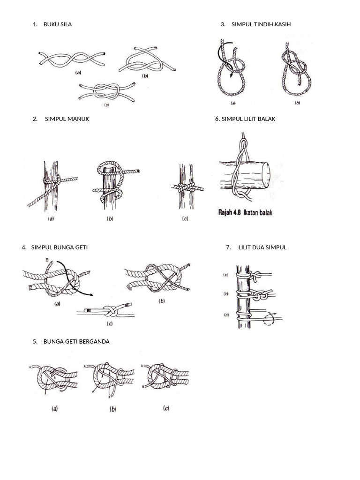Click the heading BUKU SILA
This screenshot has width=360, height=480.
[57, 24]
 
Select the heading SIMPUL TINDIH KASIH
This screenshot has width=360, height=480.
[261, 24]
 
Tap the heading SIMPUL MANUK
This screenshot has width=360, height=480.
[67, 119]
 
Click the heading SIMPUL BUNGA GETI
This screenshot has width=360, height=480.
[59, 247]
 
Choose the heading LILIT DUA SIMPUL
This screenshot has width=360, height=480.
[262, 247]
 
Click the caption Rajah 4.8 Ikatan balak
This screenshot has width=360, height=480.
[245, 212]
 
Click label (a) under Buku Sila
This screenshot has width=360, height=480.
[78, 73]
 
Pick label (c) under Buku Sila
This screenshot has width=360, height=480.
[106, 105]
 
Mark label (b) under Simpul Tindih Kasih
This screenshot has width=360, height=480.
[297, 103]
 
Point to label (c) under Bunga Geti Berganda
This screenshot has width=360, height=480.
[166, 408]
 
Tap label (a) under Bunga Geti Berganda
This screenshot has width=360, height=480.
[55, 409]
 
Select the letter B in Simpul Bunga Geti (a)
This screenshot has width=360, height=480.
[46, 260]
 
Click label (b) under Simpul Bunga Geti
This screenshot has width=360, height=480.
[162, 301]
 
